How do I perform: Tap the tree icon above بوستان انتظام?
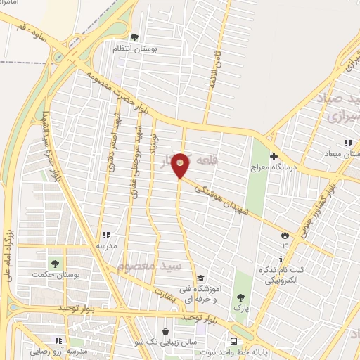click(x=135, y=37)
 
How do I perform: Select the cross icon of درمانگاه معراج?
click(x=275, y=157)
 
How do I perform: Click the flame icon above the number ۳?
click(x=285, y=236)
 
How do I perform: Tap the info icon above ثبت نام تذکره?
click(x=281, y=260)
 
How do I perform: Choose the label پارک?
click(x=242, y=308)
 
